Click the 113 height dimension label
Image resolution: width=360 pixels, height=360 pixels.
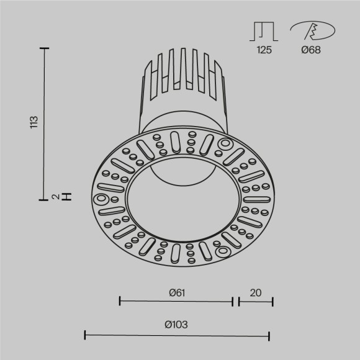[x=34, y=122]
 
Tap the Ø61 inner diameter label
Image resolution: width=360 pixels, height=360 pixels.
[x=176, y=292]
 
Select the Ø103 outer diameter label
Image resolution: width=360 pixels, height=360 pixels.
[x=176, y=325]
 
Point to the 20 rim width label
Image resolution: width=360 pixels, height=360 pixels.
[x=255, y=292]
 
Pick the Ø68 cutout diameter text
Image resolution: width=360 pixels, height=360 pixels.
[x=311, y=50]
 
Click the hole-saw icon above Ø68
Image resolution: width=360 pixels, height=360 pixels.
[x=312, y=30]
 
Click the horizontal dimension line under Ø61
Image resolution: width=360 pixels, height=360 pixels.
[x=176, y=302]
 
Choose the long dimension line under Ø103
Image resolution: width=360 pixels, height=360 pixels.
[x=176, y=336]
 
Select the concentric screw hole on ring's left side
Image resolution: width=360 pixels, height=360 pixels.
[x=101, y=199]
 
